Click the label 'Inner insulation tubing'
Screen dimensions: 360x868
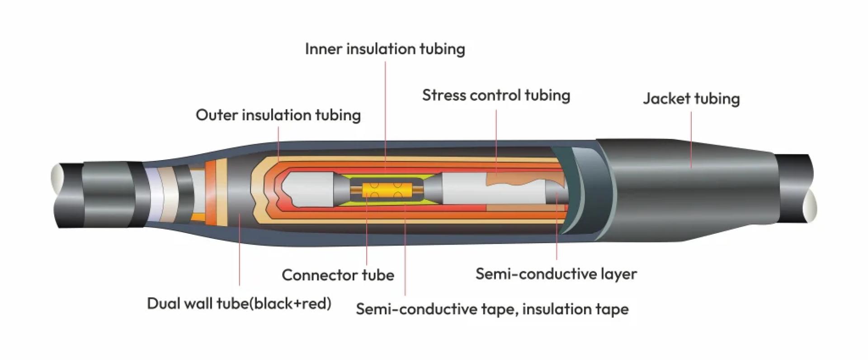385,49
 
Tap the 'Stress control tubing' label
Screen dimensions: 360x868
496,95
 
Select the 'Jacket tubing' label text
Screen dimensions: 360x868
691,99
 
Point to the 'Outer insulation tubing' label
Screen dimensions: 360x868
278,115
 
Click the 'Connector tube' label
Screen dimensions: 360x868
338,275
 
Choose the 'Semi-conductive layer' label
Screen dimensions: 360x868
556,274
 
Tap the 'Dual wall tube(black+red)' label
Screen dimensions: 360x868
239,303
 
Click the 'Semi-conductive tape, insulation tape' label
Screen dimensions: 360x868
492,309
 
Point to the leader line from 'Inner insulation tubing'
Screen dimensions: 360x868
385,113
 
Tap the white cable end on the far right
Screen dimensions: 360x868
811,206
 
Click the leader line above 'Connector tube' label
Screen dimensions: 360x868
367,235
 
